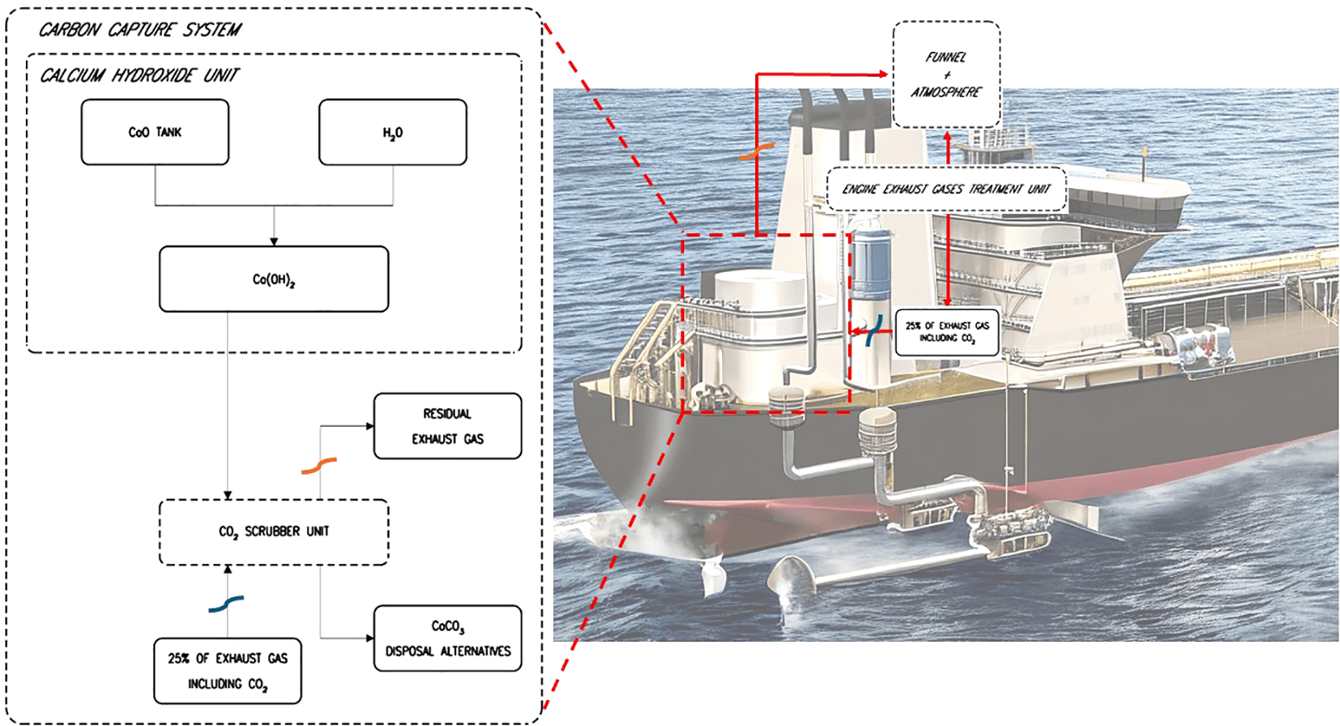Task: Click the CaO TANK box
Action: click(x=155, y=132)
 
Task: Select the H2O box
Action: click(x=392, y=132)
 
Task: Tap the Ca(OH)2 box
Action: click(x=274, y=280)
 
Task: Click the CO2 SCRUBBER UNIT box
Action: click(x=274, y=532)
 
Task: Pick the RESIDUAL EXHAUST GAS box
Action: click(x=447, y=426)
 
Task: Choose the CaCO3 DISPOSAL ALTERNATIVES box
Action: click(x=447, y=638)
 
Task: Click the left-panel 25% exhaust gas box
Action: click(x=228, y=671)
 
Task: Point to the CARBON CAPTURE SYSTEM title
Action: click(x=139, y=30)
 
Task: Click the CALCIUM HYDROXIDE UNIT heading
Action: click(x=139, y=75)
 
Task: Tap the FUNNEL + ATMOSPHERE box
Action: click(x=945, y=75)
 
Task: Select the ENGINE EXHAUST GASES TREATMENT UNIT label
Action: click(x=945, y=189)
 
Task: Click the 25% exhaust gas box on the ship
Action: click(x=946, y=331)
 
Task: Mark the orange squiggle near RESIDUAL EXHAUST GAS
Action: click(x=319, y=466)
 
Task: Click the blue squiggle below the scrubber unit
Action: click(x=226, y=604)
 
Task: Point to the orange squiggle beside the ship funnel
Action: click(x=757, y=152)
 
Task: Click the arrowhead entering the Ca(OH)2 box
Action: click(x=274, y=241)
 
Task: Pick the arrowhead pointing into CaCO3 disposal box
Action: click(x=369, y=638)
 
